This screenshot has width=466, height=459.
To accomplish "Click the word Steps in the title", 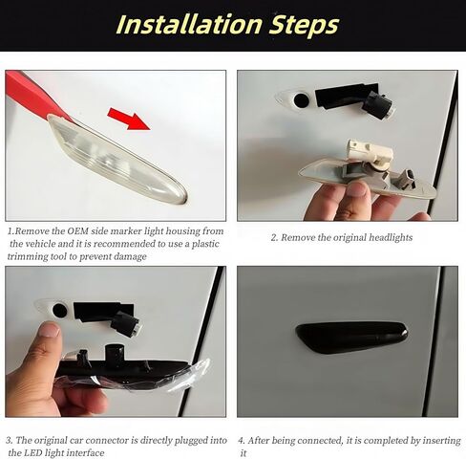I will [299, 24].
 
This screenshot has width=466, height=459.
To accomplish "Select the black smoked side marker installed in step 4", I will [350, 337].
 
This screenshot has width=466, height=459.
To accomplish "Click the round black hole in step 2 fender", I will [302, 99].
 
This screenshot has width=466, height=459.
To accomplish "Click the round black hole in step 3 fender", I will [59, 310].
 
